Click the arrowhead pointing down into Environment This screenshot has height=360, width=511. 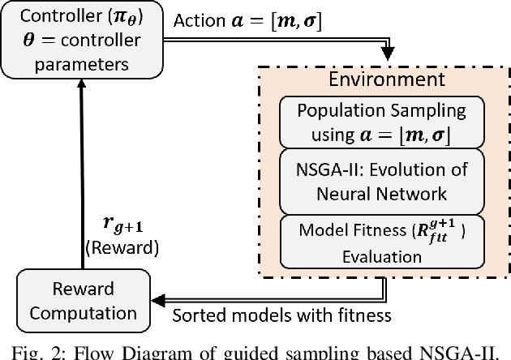(388, 53)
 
